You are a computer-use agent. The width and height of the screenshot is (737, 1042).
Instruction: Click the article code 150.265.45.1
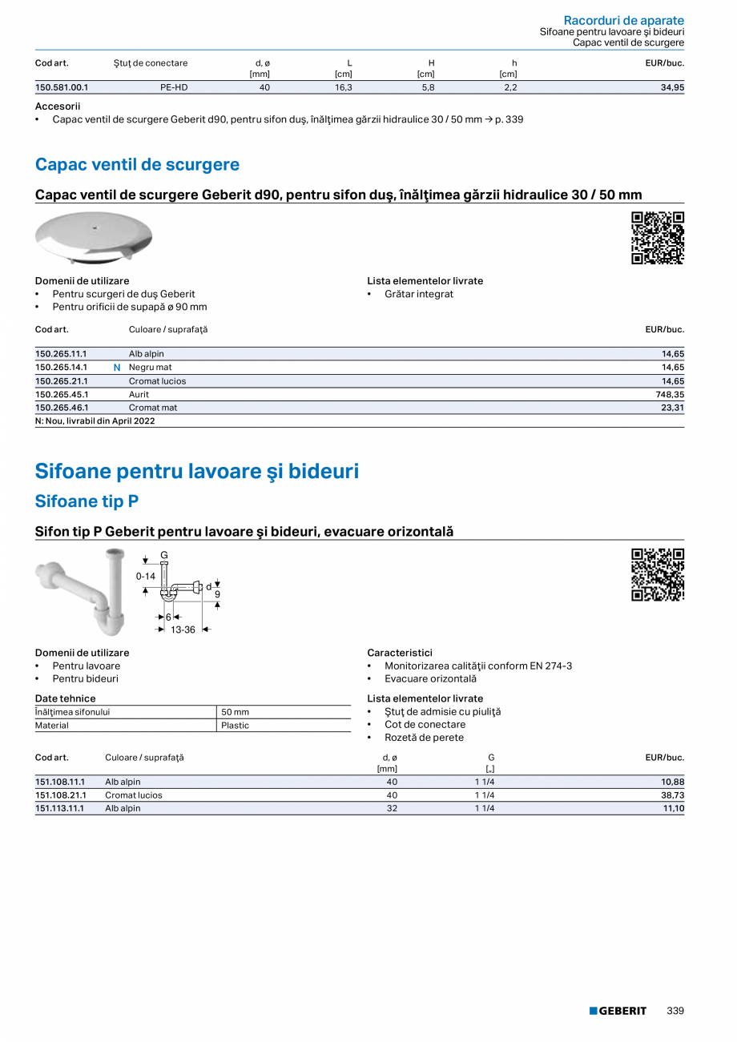(x=62, y=395)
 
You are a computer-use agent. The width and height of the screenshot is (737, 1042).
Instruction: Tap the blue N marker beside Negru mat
(x=117, y=368)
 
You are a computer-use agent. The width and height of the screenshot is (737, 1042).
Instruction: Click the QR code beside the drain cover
(x=658, y=238)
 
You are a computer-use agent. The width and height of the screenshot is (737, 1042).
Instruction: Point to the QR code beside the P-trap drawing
(x=658, y=575)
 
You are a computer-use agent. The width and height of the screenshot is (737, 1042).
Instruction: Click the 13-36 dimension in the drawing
(x=183, y=630)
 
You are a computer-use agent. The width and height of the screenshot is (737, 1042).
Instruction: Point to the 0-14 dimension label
(x=145, y=576)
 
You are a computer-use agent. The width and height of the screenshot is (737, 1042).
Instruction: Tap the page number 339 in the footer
(x=675, y=1011)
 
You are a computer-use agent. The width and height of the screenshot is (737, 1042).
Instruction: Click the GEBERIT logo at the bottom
(x=618, y=1011)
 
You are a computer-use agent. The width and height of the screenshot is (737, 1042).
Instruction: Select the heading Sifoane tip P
(x=87, y=501)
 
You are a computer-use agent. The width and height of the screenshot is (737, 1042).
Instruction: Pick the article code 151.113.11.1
(x=60, y=808)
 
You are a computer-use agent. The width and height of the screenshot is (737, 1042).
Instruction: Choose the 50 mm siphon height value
(x=235, y=712)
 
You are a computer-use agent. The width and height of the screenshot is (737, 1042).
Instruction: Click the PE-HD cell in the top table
(x=174, y=88)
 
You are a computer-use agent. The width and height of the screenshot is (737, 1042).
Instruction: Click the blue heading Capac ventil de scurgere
(x=137, y=165)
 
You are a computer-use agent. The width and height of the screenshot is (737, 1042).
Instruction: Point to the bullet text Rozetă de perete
(x=424, y=738)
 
